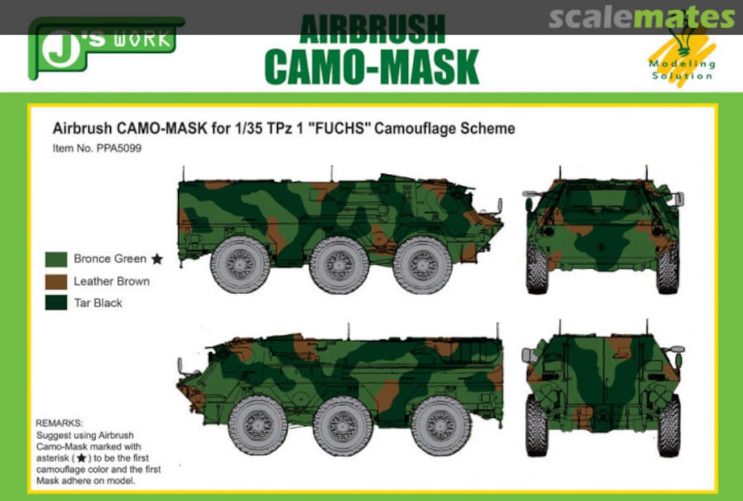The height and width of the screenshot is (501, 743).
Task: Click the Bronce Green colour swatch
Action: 56,259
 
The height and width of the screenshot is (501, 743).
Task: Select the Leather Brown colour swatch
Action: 56,281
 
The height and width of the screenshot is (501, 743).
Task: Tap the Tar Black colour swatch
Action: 56,303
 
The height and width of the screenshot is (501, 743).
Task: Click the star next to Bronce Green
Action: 158,259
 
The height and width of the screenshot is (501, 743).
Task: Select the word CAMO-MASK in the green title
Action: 371,67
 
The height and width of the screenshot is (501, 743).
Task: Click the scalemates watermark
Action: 641,18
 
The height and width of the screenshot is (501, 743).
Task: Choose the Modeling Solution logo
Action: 681,58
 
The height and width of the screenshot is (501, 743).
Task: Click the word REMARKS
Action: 59,423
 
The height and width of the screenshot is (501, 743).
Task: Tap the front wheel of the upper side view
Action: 422,265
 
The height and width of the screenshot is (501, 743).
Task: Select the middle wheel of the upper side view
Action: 339,265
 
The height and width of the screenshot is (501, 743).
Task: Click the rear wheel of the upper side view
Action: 240,265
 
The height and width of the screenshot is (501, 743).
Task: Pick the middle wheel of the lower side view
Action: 343,425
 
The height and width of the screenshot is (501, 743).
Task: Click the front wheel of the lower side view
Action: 258,425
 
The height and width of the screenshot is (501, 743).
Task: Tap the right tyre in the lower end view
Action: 669,425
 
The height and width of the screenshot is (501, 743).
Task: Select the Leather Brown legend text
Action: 111,281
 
